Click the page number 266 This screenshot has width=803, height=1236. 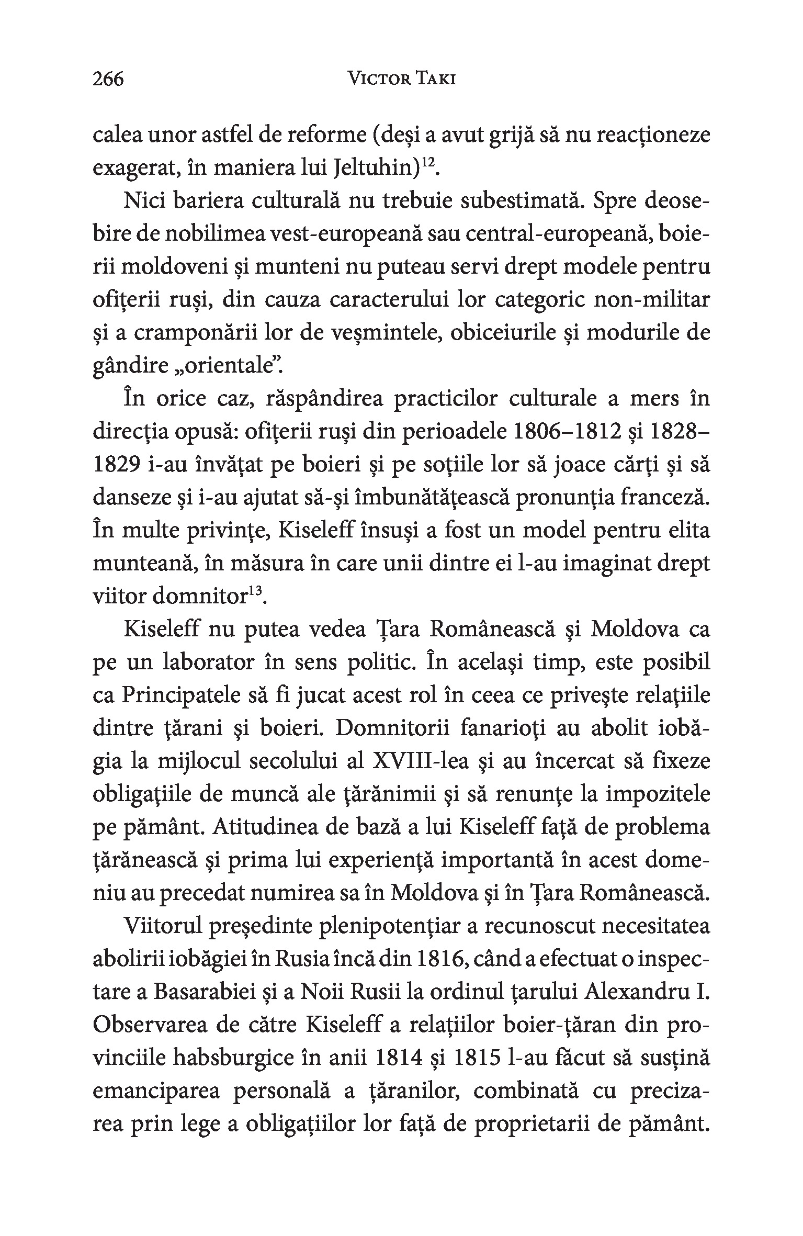click(108, 79)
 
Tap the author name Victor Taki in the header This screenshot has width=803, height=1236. click(401, 79)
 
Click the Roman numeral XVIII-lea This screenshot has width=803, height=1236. click(421, 762)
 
